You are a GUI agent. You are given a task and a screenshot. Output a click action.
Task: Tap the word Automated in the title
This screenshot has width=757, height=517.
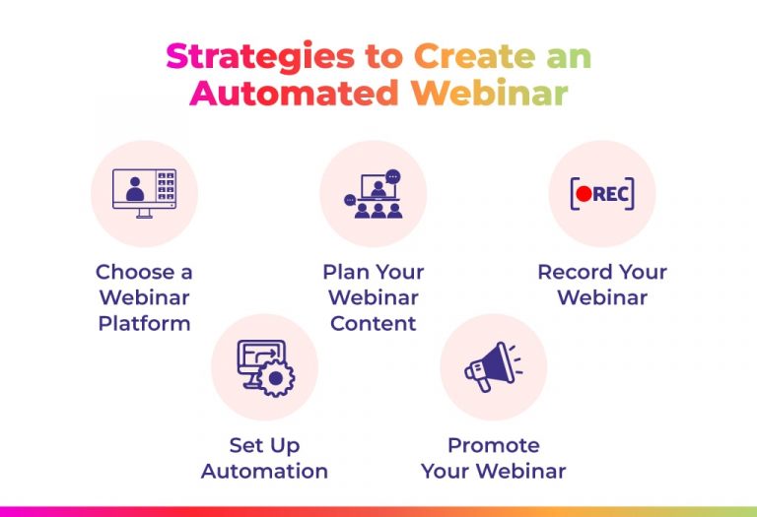click(x=293, y=93)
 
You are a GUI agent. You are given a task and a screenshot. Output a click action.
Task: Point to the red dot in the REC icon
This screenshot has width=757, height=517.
click(x=584, y=194)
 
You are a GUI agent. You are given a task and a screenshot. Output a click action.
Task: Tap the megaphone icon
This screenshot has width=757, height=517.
click(x=492, y=367)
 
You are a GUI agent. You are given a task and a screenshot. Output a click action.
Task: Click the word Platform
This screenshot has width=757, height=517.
click(x=144, y=324)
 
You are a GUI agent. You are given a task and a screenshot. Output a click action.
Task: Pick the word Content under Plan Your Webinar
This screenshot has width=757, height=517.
click(x=374, y=324)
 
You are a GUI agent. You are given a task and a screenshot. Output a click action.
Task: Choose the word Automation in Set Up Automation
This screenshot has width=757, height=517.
click(x=264, y=471)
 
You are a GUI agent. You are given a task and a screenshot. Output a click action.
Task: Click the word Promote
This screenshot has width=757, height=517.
click(x=494, y=445)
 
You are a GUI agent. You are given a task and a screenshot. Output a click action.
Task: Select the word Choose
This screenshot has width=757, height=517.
click(x=132, y=272)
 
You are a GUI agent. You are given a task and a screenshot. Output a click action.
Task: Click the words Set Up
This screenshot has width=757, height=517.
click(x=264, y=445)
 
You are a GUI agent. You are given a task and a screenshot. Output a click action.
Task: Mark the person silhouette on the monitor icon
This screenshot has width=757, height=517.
click(x=134, y=187)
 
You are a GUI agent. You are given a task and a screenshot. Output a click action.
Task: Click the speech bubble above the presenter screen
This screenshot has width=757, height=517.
click(x=393, y=176)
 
